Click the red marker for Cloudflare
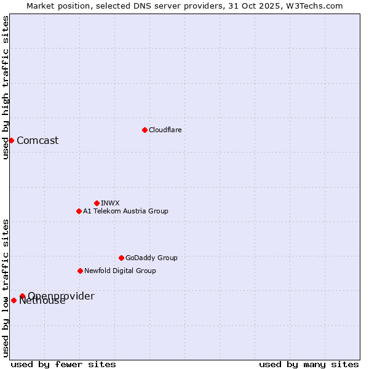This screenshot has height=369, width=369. click(x=145, y=130)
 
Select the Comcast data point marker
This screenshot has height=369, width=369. click(x=11, y=140)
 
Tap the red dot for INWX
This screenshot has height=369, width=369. click(x=97, y=203)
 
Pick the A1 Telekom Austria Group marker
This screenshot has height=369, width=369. click(x=79, y=211)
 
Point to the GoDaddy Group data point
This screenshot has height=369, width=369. click(x=121, y=258)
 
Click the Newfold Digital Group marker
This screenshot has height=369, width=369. click(x=80, y=271)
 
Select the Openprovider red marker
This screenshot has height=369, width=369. click(x=22, y=296)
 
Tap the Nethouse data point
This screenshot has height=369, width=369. click(x=14, y=300)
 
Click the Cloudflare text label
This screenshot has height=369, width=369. click(x=165, y=130)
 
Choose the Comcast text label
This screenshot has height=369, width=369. click(x=38, y=140)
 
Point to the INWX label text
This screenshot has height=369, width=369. click(x=110, y=203)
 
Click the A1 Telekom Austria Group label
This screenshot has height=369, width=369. click(x=125, y=211)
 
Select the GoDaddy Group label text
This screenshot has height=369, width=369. click(x=151, y=258)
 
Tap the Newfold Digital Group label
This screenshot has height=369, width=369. click(x=120, y=271)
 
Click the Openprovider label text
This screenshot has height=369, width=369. click(x=61, y=296)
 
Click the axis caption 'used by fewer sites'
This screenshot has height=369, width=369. click(x=63, y=364)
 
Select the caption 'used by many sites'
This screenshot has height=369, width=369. click(x=309, y=364)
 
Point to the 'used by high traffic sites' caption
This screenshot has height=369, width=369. click(x=6, y=87)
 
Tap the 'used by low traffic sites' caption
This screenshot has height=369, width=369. click(x=6, y=287)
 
